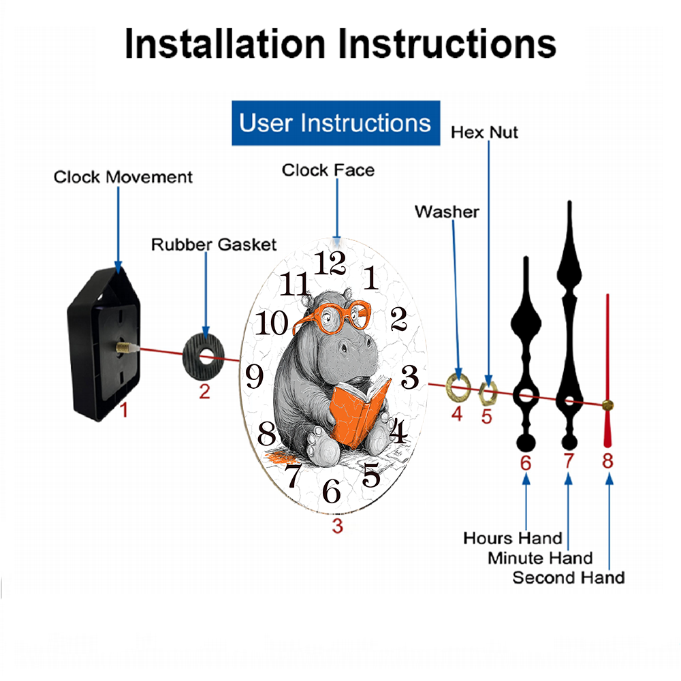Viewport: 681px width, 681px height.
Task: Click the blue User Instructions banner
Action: click(x=336, y=123)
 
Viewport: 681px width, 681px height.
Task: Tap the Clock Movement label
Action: click(x=123, y=177)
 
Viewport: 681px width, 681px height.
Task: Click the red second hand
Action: click(x=607, y=368)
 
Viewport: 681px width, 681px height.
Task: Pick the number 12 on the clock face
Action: click(x=331, y=262)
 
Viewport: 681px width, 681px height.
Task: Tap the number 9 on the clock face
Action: click(x=254, y=375)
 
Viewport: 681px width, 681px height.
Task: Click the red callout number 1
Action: click(x=123, y=410)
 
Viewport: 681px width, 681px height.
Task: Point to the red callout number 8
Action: click(x=607, y=461)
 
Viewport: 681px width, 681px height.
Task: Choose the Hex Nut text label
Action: click(x=484, y=131)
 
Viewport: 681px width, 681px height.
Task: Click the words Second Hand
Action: click(x=568, y=577)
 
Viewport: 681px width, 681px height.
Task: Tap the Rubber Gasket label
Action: click(x=214, y=244)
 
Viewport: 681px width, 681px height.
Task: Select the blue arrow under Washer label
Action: click(x=455, y=300)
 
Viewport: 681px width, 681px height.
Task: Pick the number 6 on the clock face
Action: click(x=332, y=490)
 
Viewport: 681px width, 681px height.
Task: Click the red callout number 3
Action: click(x=337, y=525)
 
